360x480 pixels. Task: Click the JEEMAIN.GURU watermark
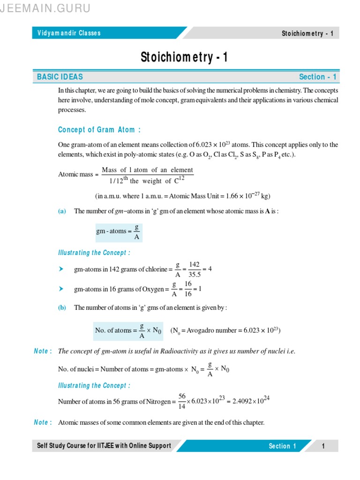click(x=46, y=8)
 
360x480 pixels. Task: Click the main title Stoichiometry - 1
click(x=184, y=57)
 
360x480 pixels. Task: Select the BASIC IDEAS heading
click(x=60, y=77)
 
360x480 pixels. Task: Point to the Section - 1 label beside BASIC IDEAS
click(x=317, y=77)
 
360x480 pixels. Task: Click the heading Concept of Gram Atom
click(x=99, y=130)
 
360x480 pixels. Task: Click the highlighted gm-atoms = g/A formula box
click(x=117, y=231)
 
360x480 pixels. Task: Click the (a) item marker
click(x=62, y=211)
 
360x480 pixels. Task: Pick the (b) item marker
click(x=62, y=308)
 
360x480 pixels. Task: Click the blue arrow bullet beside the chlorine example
click(x=60, y=269)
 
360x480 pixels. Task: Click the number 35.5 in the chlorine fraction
click(x=194, y=275)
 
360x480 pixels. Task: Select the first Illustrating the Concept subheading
click(x=94, y=253)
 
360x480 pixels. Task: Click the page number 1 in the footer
click(x=323, y=446)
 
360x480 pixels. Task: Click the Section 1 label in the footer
click(x=282, y=446)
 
